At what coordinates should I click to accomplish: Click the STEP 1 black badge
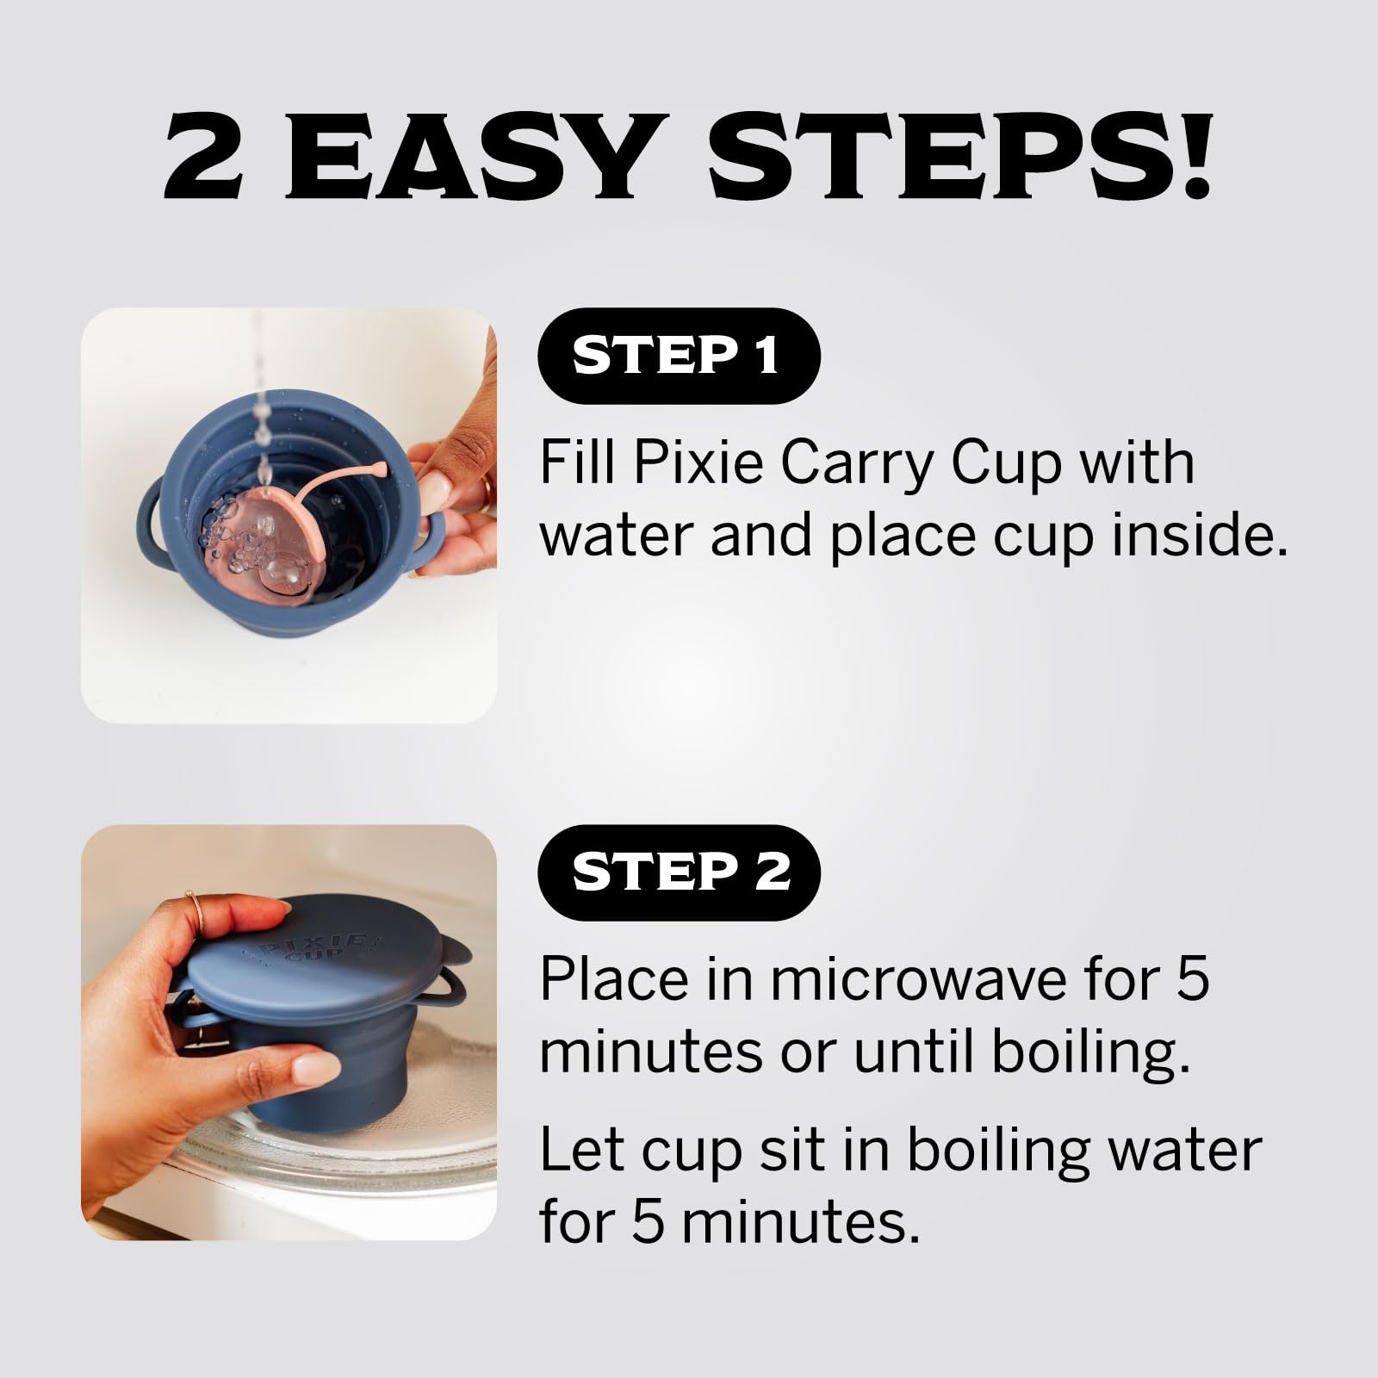point(679,356)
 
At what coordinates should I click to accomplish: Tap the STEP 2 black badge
point(679,872)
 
